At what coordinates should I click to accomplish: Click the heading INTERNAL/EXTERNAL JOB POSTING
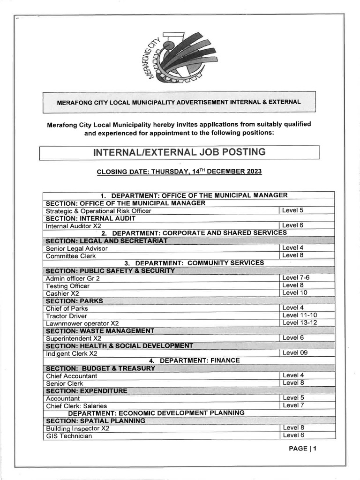coord(179,152)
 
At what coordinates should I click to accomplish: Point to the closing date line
coord(179,172)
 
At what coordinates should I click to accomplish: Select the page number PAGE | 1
coord(303,449)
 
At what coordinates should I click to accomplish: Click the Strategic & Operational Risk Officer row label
coord(98,211)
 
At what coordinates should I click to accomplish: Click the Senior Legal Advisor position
coord(76,248)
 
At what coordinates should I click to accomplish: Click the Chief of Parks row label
coord(67,308)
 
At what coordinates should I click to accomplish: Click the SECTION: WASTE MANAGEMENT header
coord(100,331)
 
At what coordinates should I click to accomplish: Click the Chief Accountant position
coord(71,376)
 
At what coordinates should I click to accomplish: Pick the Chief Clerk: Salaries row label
coord(76,406)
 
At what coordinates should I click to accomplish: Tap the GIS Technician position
coord(68,436)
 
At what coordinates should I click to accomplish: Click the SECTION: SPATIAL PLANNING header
coord(96,421)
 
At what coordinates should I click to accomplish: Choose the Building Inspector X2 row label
coord(77,428)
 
